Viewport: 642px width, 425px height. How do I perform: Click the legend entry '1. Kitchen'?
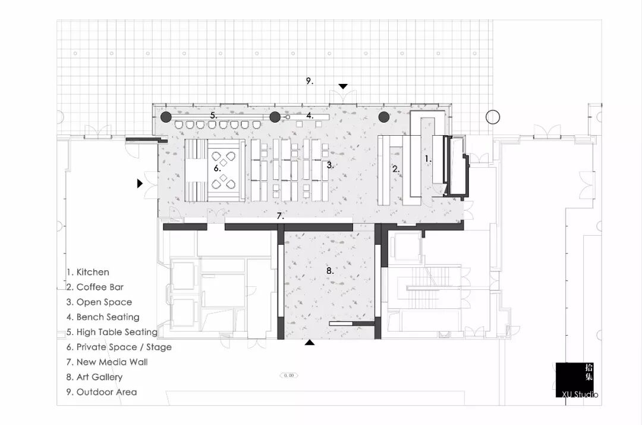pyautogui.click(x=88, y=272)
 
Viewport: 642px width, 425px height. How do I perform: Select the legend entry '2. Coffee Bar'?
pyautogui.click(x=95, y=287)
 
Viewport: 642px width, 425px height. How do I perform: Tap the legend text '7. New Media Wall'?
pyautogui.click(x=107, y=362)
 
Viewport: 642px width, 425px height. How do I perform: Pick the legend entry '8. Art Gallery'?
pyautogui.click(x=95, y=377)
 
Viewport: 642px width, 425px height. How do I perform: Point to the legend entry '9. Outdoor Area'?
pyautogui.click(x=102, y=392)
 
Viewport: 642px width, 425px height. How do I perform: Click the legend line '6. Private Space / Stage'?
pyautogui.click(x=119, y=347)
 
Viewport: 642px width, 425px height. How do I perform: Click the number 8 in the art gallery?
pyautogui.click(x=330, y=271)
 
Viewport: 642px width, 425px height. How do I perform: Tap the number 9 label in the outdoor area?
pyautogui.click(x=309, y=81)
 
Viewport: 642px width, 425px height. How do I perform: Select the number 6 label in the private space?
pyautogui.click(x=218, y=168)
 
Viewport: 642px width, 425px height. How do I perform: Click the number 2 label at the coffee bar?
pyautogui.click(x=395, y=169)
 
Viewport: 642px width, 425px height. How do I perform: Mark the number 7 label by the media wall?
pyautogui.click(x=280, y=216)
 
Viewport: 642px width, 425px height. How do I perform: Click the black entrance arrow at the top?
pyautogui.click(x=342, y=87)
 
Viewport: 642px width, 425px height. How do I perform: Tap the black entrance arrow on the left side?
pyautogui.click(x=140, y=183)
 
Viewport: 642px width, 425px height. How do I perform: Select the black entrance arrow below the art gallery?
pyautogui.click(x=309, y=343)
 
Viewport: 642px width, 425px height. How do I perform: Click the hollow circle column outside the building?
pyautogui.click(x=492, y=117)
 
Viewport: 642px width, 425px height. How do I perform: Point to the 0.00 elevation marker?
pyautogui.click(x=289, y=376)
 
